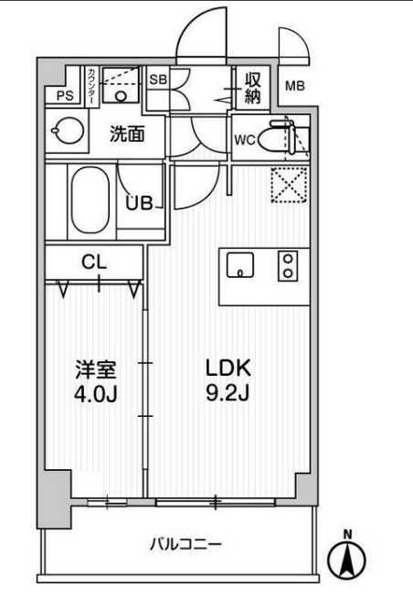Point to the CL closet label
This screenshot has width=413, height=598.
coord(94,262)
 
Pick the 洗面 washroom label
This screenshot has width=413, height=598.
coord(127,133)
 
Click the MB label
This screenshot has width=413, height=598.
coord(294,87)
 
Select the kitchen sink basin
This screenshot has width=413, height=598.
coord(240,264)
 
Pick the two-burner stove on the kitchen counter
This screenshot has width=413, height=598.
coord(289,264)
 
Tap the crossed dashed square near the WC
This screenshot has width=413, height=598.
coord(291,186)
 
